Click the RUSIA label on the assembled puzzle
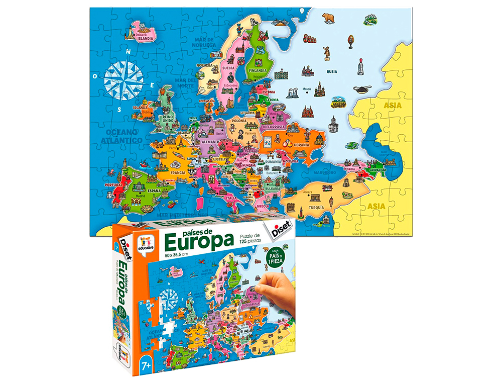coord(332,71)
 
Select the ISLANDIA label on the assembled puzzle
coord(146,38)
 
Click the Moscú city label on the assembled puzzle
coord(307,89)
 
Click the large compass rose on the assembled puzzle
coord(122,79)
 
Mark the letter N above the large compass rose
coord(129,51)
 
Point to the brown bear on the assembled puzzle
coord(329,19)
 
